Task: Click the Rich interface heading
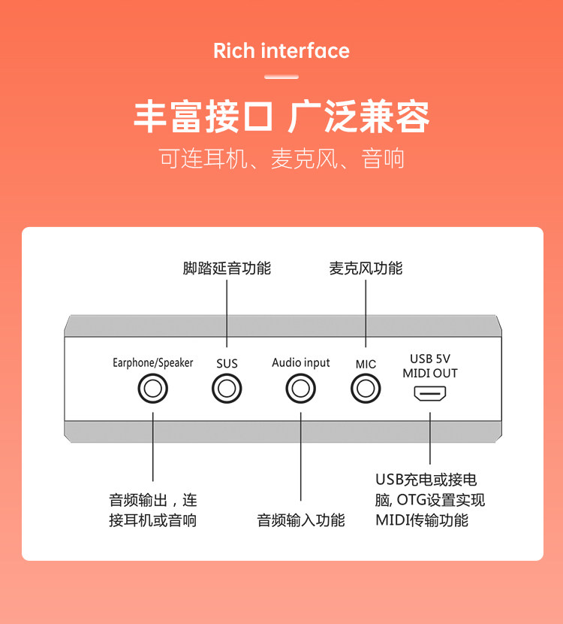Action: click(281, 51)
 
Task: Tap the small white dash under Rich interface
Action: click(281, 77)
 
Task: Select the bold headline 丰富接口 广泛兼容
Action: click(281, 118)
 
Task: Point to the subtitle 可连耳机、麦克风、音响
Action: click(281, 159)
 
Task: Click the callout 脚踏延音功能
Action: click(227, 268)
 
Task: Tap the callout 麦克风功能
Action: click(366, 268)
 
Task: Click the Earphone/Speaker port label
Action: click(152, 363)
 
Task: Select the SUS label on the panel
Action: click(227, 364)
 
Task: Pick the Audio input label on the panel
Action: click(301, 363)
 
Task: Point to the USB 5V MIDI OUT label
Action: click(430, 365)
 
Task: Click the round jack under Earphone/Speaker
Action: click(152, 389)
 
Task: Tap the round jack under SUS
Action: click(227, 389)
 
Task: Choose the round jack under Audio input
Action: click(301, 389)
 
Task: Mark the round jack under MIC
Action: click(366, 389)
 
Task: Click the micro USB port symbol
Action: click(430, 393)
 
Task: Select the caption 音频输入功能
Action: click(301, 520)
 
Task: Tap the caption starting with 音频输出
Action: click(153, 510)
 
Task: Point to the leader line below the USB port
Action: click(430, 436)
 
